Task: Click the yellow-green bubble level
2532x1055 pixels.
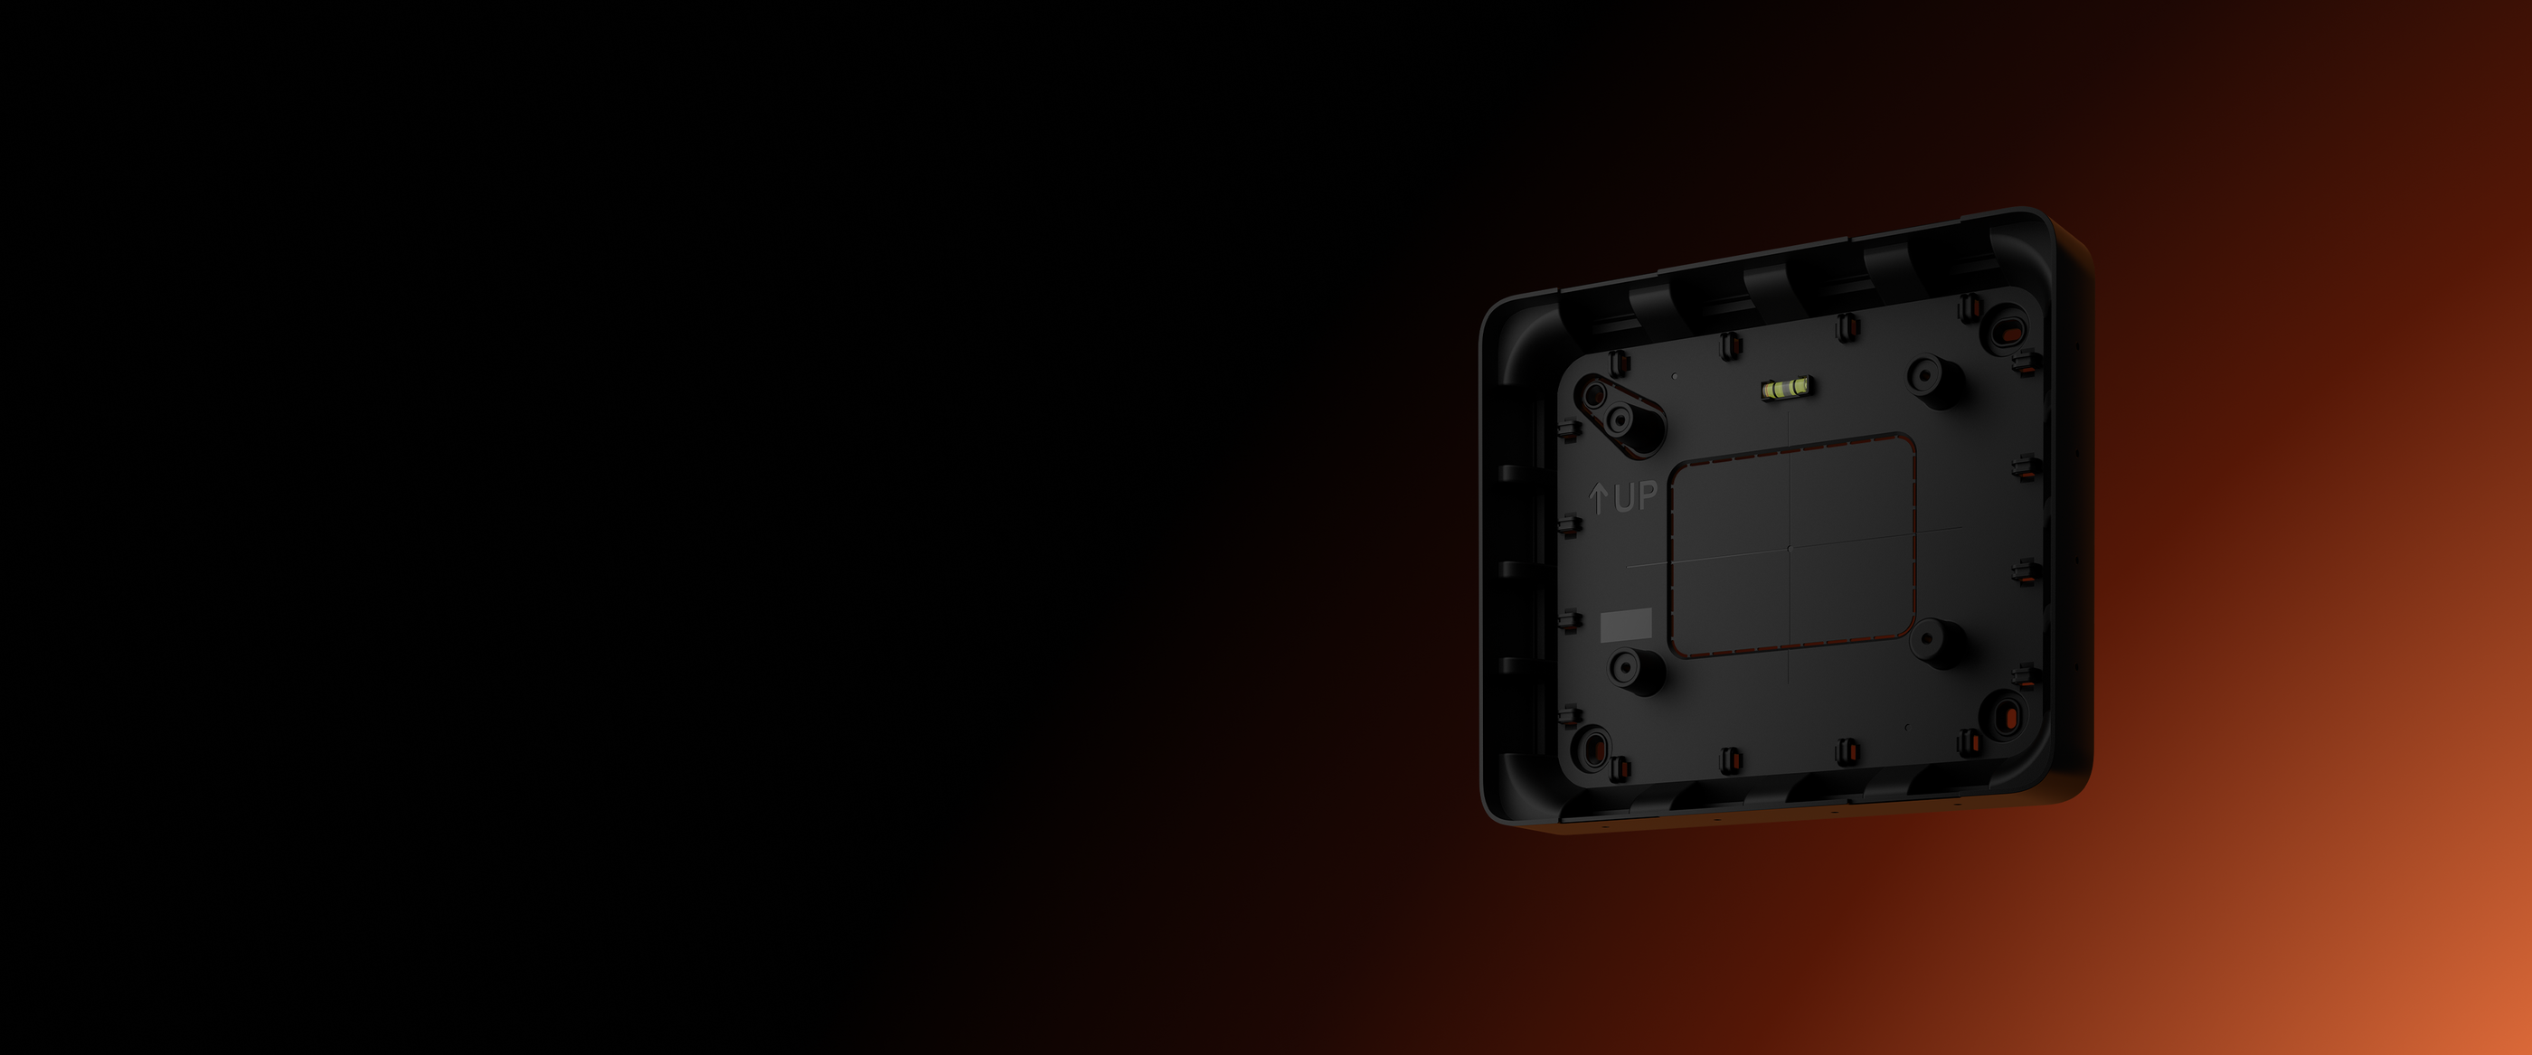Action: coord(1787,389)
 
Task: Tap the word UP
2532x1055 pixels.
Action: coord(1636,496)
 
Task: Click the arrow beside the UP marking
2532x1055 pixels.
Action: coord(1599,499)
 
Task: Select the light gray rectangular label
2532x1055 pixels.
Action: coord(1627,625)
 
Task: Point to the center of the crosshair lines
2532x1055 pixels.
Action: coord(1790,547)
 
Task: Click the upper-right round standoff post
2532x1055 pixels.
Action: coord(1933,381)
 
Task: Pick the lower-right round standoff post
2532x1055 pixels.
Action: coord(1937,644)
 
